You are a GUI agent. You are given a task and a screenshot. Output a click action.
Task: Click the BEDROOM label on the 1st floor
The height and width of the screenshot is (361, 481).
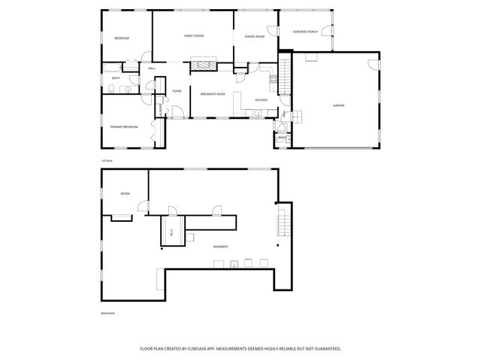pyautogui.click(x=122, y=38)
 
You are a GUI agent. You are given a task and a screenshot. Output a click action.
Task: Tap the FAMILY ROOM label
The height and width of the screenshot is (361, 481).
pyautogui.click(x=195, y=36)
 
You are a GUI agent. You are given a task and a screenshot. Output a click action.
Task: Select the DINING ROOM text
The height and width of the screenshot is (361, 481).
pyautogui.click(x=255, y=37)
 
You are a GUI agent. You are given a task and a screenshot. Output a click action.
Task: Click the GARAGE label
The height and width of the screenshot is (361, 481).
pyautogui.click(x=339, y=106)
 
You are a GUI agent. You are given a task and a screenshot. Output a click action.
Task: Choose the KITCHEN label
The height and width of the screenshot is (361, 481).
pyautogui.click(x=261, y=100)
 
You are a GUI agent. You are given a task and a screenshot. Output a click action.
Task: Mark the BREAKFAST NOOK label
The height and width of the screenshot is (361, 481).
pyautogui.click(x=213, y=93)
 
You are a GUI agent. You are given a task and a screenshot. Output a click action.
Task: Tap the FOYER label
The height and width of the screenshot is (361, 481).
pyautogui.click(x=177, y=91)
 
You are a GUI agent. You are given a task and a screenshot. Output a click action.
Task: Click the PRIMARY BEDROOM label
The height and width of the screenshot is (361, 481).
pyautogui.click(x=124, y=127)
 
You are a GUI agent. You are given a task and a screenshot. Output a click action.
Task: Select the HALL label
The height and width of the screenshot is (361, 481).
pyautogui.click(x=151, y=68)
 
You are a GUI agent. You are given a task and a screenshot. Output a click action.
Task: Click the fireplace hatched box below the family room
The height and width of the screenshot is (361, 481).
pyautogui.click(x=202, y=65)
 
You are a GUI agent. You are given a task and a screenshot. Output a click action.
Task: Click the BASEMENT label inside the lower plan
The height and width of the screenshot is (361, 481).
pyautogui.click(x=220, y=247)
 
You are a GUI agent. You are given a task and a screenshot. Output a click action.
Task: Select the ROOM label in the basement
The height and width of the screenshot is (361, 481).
pyautogui.click(x=125, y=193)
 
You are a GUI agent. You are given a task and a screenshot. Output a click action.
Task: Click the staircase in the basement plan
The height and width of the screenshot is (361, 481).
pyautogui.click(x=283, y=222)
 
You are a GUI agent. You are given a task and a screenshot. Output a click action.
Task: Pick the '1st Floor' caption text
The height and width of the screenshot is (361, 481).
pyautogui.click(x=107, y=161)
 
